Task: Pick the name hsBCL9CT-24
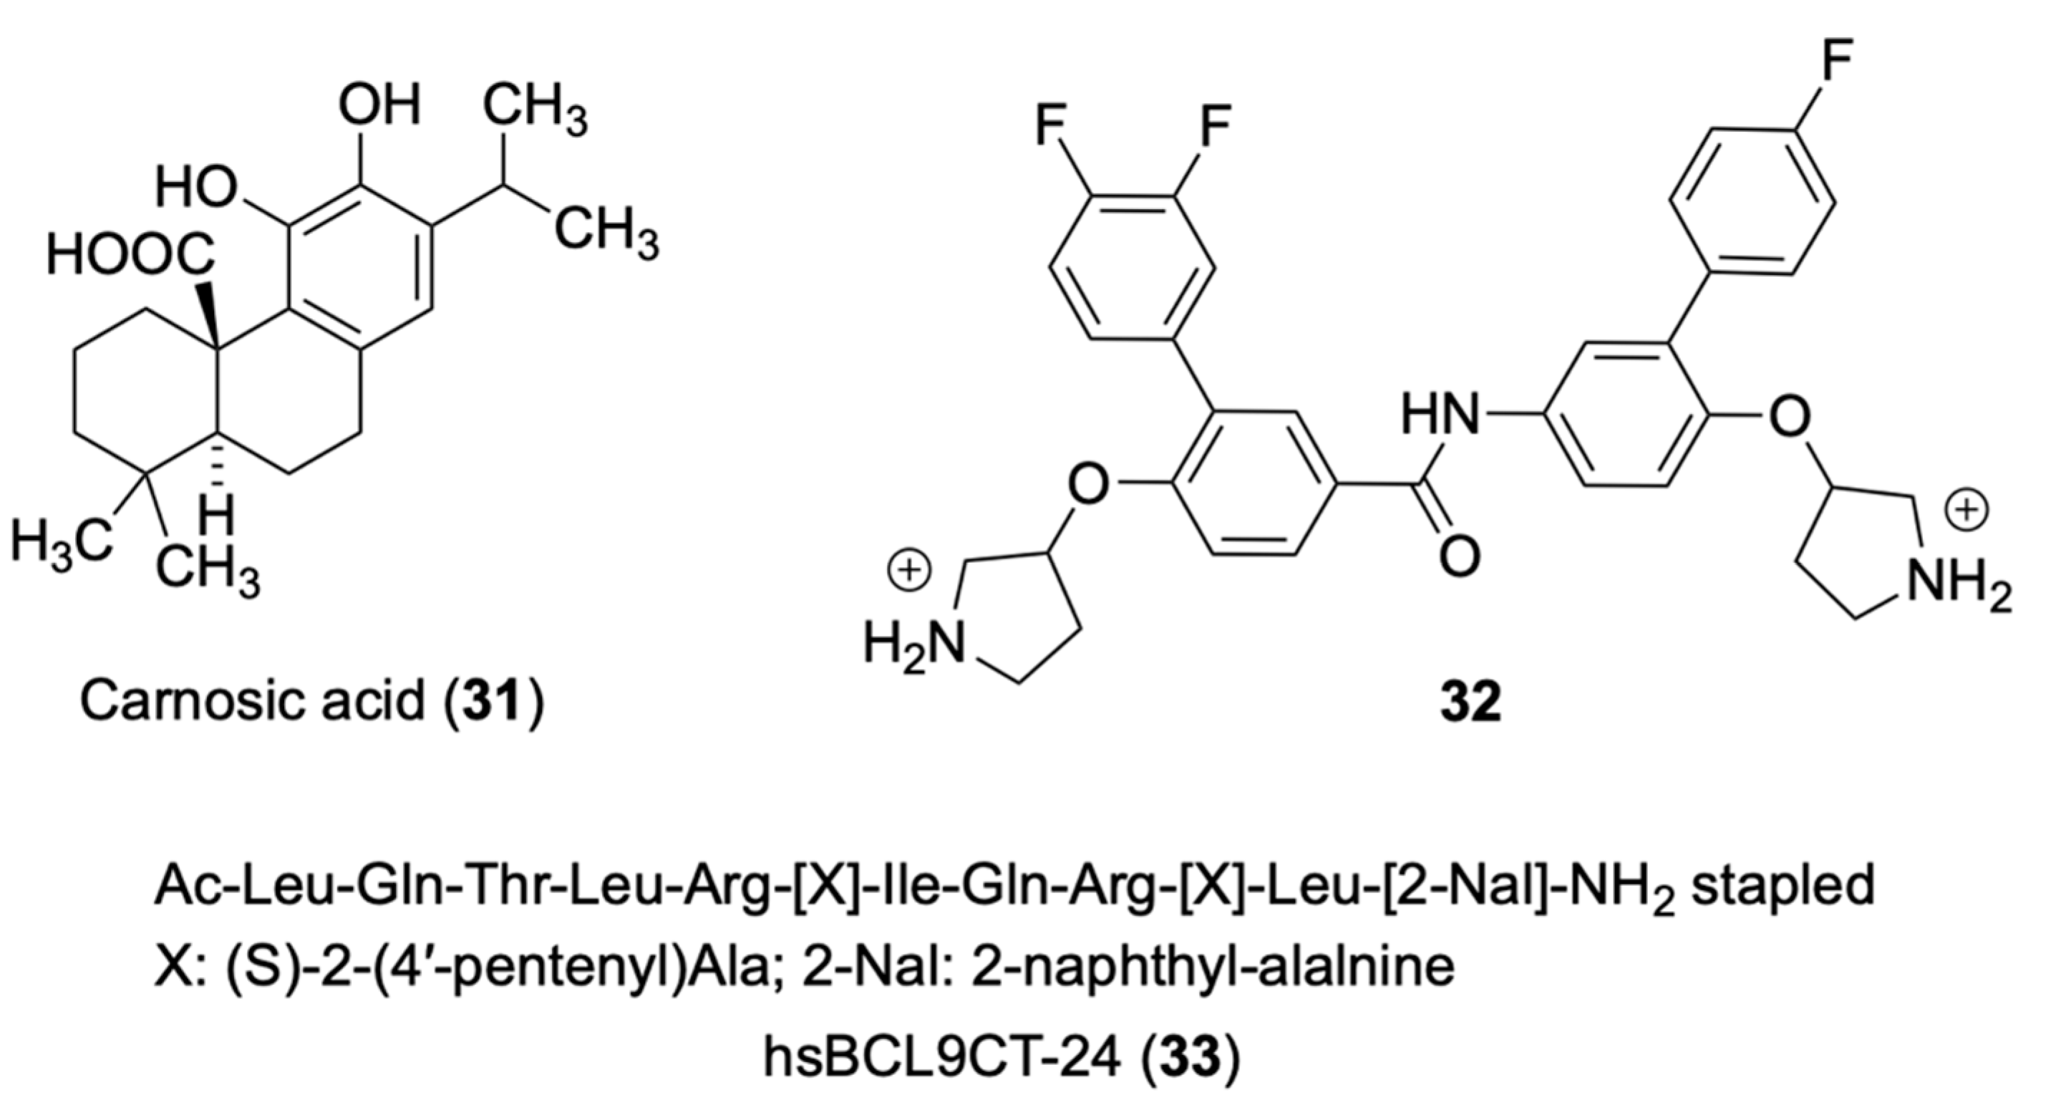click(941, 1058)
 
